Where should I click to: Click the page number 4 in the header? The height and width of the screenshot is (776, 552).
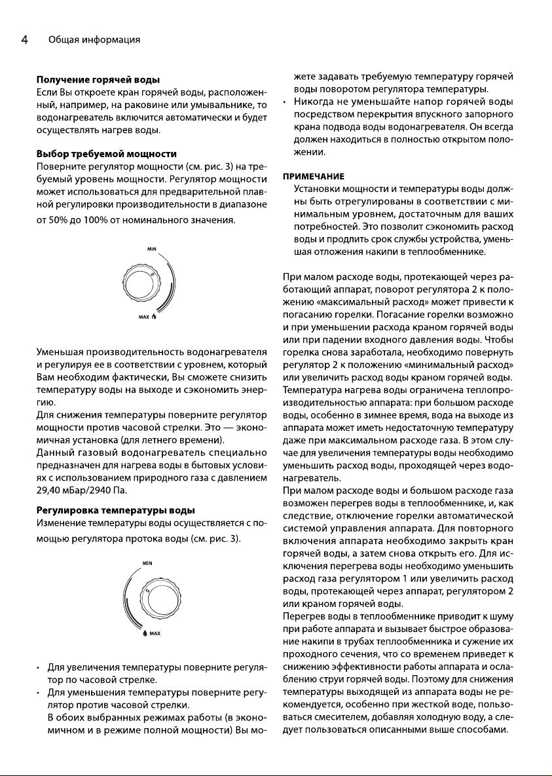[24, 40]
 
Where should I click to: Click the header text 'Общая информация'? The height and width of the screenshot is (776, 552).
[94, 41]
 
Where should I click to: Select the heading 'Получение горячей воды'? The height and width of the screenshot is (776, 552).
[98, 80]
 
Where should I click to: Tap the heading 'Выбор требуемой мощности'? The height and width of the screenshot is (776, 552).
[106, 154]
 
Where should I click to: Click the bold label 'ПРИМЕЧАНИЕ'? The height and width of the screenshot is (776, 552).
[314, 176]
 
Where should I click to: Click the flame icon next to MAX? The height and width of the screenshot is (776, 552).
[154, 317]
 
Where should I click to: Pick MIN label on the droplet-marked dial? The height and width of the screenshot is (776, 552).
[148, 563]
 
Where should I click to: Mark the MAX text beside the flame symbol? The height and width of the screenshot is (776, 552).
[143, 318]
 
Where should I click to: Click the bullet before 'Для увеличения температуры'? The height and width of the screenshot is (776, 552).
[40, 669]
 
